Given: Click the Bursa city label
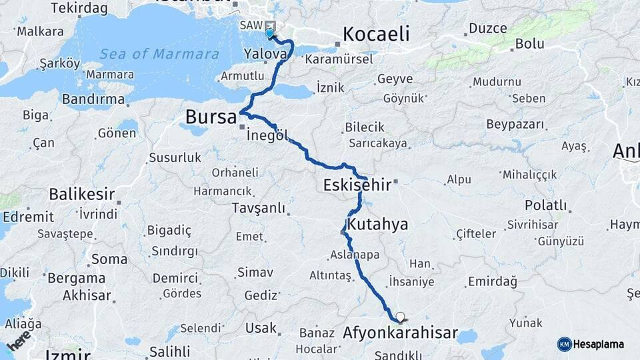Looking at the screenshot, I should (211, 117).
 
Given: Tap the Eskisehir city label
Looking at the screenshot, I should (357, 185).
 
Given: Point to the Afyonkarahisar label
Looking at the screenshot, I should (400, 332).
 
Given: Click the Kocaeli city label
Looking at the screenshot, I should (376, 34).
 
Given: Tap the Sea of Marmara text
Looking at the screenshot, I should (159, 54).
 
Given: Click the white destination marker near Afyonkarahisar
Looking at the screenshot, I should (400, 317).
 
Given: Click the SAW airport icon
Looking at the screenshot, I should (269, 25).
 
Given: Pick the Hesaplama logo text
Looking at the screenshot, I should (599, 344).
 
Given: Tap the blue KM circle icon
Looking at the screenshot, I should (565, 344).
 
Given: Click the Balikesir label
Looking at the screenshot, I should (81, 195).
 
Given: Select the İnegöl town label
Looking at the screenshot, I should (267, 135).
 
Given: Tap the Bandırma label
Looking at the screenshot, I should (93, 99).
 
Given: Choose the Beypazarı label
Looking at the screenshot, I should (515, 124).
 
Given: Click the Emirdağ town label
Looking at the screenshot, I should (493, 281).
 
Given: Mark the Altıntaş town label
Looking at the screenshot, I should (331, 275).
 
